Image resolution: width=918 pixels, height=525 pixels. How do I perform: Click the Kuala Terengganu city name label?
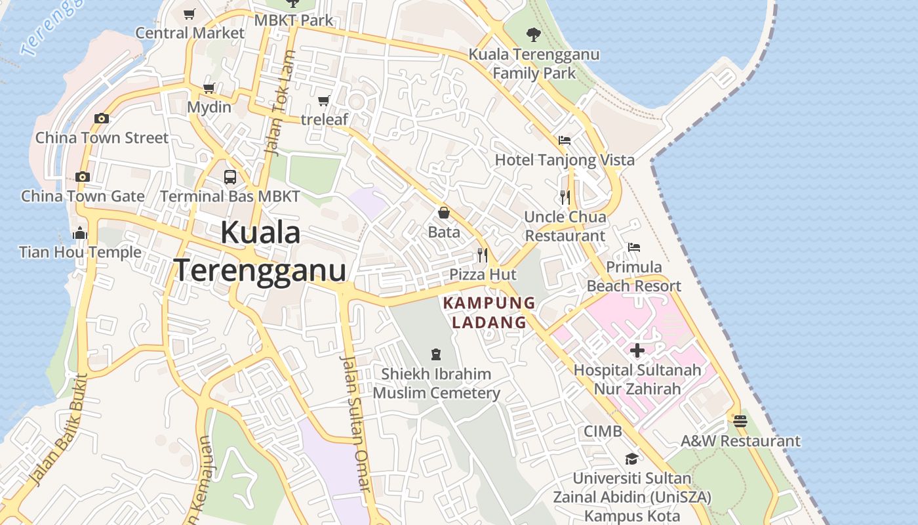click(260, 251)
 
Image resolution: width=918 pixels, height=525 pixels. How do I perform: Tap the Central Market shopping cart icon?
click(190, 14)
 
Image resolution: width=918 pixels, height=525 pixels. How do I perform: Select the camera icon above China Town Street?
click(101, 118)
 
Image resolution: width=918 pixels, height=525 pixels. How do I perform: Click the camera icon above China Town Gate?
click(82, 177)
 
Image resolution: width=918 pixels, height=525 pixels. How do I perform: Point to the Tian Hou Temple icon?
click(80, 233)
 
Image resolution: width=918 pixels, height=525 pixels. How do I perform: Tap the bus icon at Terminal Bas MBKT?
click(229, 177)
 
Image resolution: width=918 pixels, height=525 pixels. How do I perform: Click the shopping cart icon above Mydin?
click(209, 88)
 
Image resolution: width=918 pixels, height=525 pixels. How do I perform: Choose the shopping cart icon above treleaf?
click(323, 100)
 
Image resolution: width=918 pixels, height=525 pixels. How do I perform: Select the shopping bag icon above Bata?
click(444, 213)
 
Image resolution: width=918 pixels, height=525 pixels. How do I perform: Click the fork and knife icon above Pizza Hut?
click(483, 255)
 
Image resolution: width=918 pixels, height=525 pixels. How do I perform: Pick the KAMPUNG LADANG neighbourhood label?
click(489, 312)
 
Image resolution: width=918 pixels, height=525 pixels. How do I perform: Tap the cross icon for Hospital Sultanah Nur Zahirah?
click(637, 350)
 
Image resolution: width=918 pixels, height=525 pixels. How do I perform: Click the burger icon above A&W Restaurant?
click(740, 421)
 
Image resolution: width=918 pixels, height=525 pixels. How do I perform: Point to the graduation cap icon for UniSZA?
click(631, 459)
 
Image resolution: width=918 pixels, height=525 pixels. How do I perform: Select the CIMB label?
click(603, 431)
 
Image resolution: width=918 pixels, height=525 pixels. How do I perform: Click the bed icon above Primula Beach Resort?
click(633, 247)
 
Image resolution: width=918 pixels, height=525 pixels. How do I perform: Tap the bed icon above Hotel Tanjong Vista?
click(564, 140)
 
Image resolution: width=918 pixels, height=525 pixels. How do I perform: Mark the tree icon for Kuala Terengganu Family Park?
click(534, 34)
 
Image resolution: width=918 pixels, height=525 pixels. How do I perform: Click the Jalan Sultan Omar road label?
click(356, 423)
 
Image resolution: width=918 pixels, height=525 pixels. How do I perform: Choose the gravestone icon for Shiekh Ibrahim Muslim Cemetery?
click(436, 354)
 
